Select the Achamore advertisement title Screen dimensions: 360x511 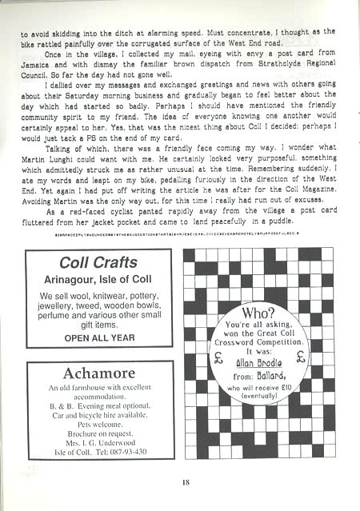pyautogui.click(x=99, y=373)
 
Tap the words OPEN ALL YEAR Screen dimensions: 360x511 pyautogui.click(x=99, y=337)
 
